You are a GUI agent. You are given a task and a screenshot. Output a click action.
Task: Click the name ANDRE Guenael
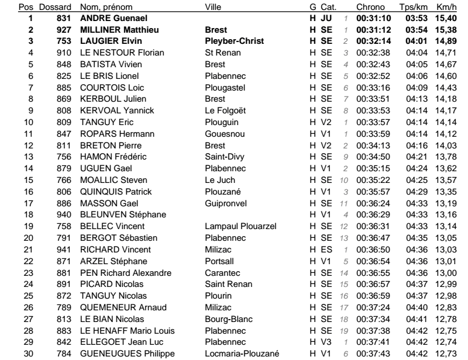[105, 18]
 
